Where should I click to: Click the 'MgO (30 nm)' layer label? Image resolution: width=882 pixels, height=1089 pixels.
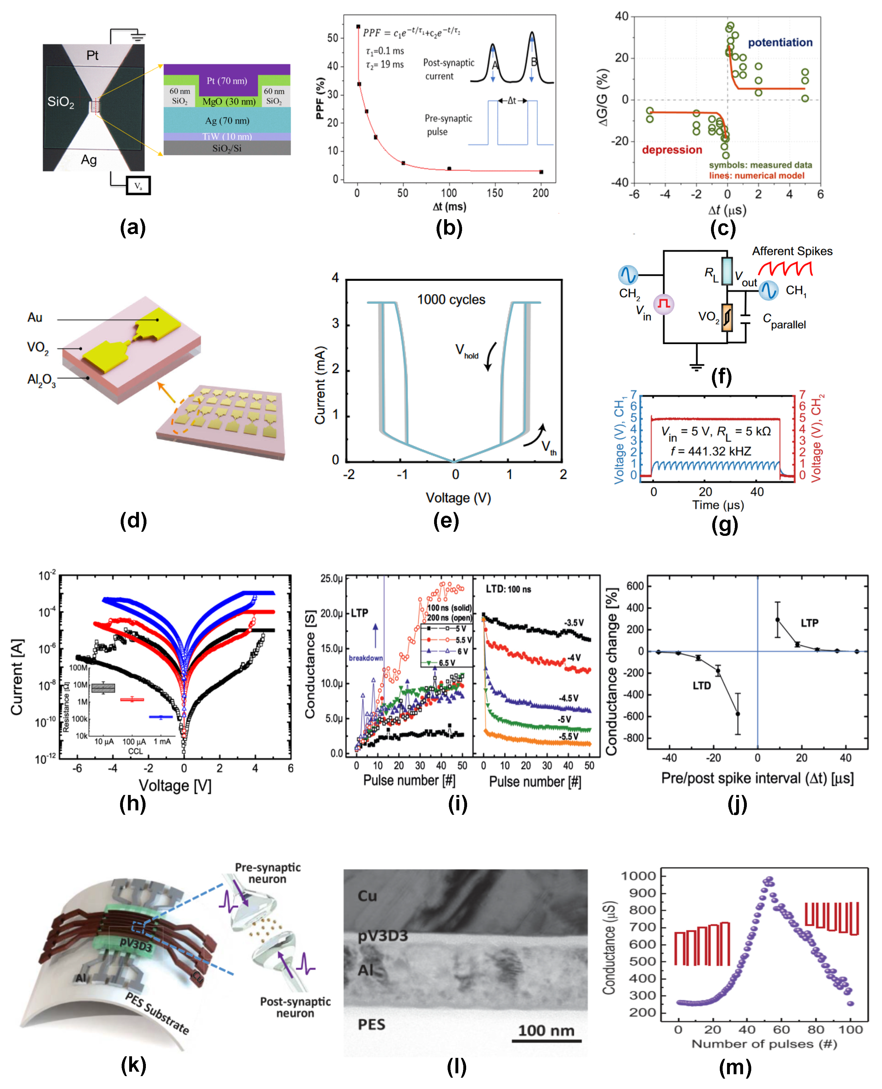[x=229, y=102]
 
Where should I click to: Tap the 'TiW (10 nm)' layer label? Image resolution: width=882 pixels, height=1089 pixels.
[x=227, y=136]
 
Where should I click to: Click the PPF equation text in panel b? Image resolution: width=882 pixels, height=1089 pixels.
[x=411, y=32]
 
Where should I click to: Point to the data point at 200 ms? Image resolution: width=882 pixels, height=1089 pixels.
[x=541, y=172]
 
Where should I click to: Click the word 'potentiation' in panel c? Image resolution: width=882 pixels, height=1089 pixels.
[x=780, y=43]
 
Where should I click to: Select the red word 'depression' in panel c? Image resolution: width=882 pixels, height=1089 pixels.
[x=672, y=150]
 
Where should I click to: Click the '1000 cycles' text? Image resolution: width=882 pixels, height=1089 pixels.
[x=451, y=300]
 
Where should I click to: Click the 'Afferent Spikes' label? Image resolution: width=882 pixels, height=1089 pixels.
[x=792, y=251]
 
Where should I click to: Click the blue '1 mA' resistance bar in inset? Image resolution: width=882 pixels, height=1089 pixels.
[x=161, y=717]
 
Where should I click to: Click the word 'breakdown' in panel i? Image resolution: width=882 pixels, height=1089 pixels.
[x=366, y=658]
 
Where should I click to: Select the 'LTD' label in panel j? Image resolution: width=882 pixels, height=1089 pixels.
[x=702, y=686]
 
